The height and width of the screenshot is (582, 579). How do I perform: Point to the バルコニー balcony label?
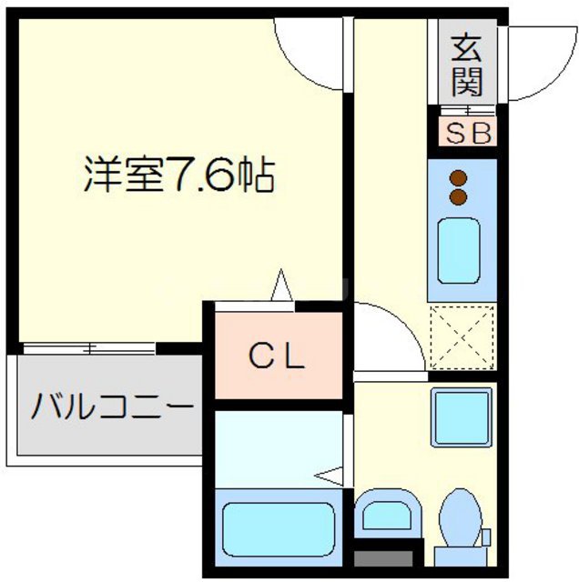click(111, 406)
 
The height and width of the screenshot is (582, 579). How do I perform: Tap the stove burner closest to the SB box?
click(460, 178)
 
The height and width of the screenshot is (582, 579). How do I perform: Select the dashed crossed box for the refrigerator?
click(462, 336)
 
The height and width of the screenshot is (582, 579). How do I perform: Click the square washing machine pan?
click(461, 415)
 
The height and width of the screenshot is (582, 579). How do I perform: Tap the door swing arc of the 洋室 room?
click(310, 55)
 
